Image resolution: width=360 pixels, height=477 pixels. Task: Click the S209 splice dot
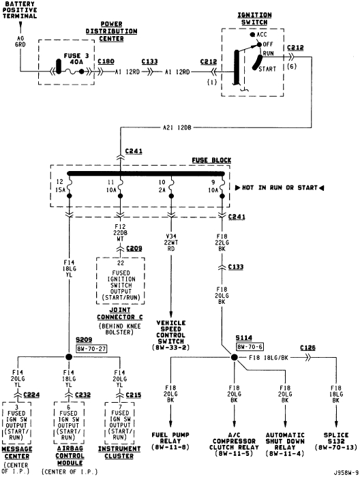click(68, 357)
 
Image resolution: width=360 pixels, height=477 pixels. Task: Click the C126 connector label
click(309, 348)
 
